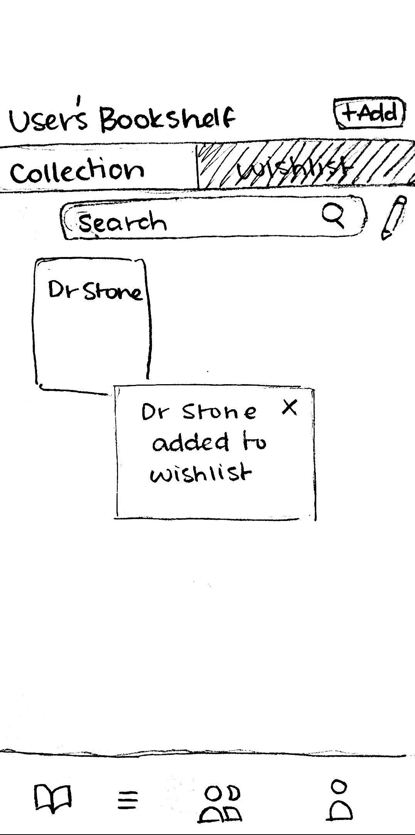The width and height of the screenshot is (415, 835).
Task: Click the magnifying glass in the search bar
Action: click(333, 216)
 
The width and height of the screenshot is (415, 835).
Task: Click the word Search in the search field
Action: click(122, 222)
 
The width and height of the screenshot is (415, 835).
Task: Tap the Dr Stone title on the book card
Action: click(94, 291)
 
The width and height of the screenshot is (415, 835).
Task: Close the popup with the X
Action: click(290, 407)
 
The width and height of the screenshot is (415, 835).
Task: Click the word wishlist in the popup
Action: click(200, 474)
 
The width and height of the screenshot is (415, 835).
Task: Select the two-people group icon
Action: click(221, 803)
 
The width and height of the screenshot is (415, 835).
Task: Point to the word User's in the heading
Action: click(48, 120)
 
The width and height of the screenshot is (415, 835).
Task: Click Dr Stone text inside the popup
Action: click(198, 412)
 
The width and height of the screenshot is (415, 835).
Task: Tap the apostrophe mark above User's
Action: click(79, 100)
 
